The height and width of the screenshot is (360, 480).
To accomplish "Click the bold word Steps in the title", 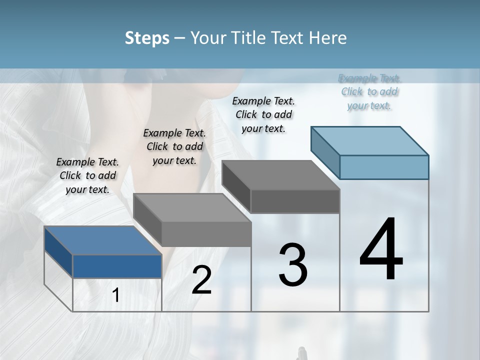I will [x=147, y=38].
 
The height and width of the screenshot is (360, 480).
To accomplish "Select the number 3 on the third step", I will [x=293, y=265].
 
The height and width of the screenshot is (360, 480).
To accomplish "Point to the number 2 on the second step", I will [x=202, y=280].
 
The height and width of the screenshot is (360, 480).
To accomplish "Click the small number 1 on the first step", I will [x=116, y=295].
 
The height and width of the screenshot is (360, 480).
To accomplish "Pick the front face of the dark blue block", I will [x=117, y=266].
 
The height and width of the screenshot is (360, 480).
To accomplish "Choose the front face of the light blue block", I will [x=384, y=167].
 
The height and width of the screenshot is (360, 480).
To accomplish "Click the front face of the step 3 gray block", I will [x=295, y=201].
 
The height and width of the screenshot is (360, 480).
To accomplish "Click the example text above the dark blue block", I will [x=87, y=175].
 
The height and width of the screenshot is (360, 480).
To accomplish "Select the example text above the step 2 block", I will [x=174, y=146].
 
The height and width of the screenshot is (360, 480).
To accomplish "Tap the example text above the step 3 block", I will [x=263, y=114].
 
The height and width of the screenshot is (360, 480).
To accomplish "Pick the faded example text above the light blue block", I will [x=369, y=91].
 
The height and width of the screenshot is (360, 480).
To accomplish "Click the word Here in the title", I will [x=328, y=38].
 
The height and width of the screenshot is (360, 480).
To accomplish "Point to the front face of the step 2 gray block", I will [x=206, y=234].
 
